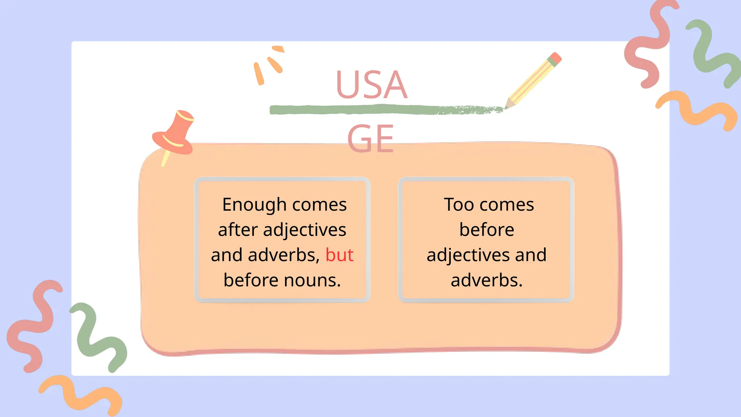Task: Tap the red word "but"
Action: click(x=339, y=255)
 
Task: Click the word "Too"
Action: click(x=459, y=205)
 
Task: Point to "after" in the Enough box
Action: click(x=238, y=230)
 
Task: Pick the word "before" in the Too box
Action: click(x=487, y=230)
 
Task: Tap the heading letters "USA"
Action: click(x=372, y=85)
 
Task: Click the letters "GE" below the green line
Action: click(x=370, y=139)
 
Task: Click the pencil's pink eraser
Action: click(x=556, y=58)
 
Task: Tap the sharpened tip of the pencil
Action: click(x=508, y=105)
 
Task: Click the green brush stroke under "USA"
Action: click(x=362, y=109)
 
